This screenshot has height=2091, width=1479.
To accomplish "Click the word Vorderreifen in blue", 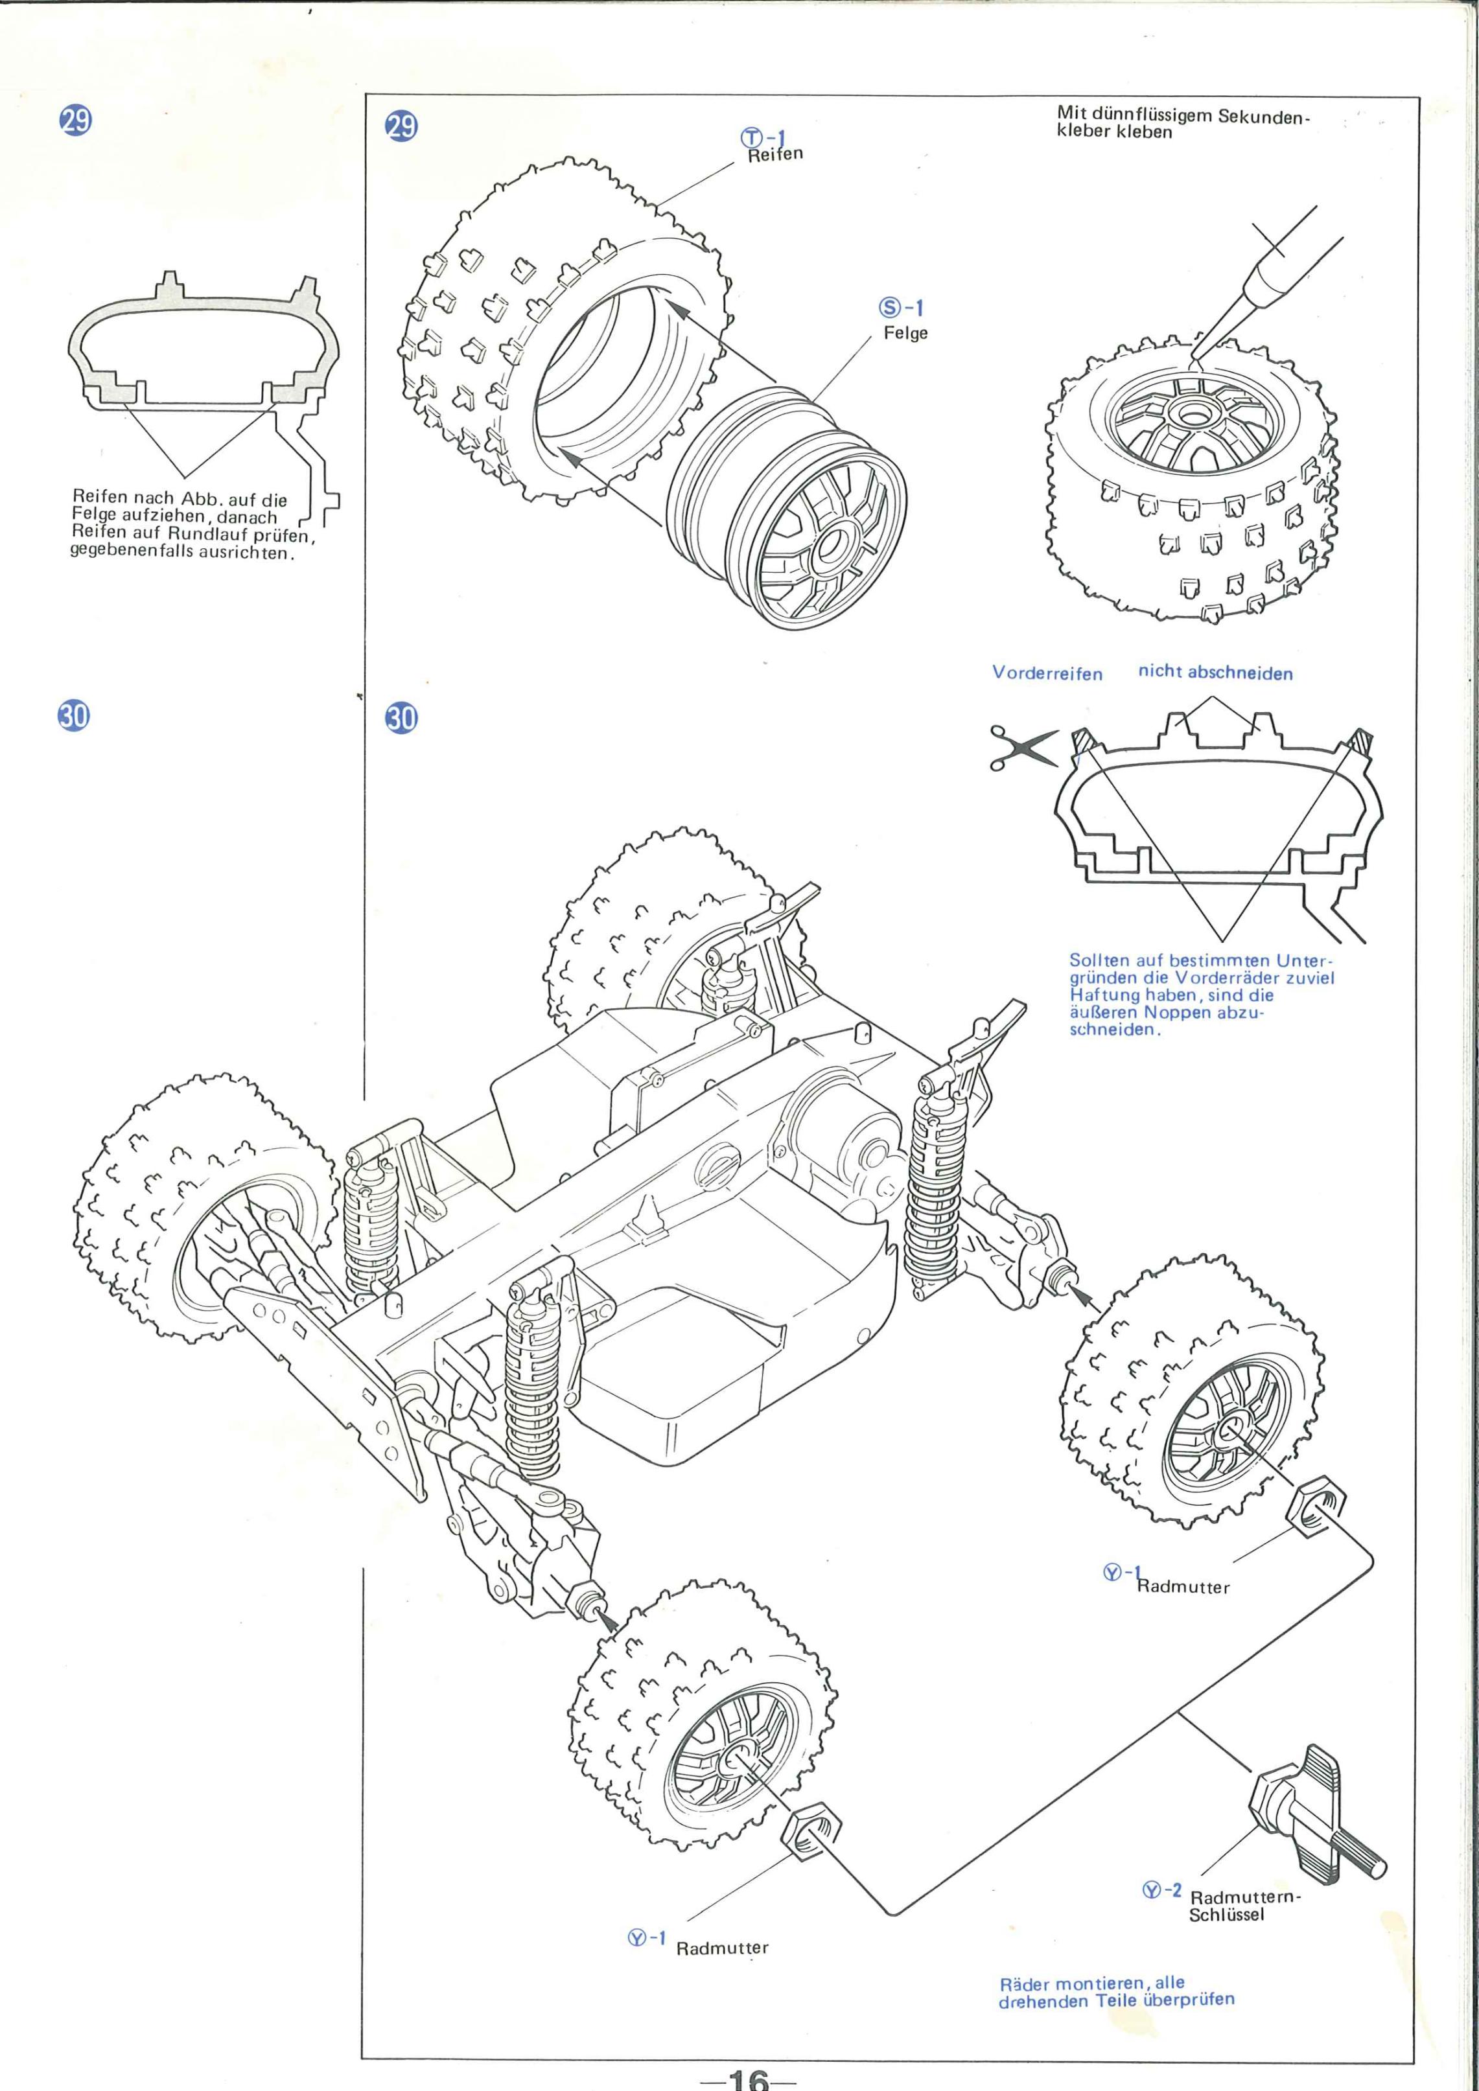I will [1047, 674].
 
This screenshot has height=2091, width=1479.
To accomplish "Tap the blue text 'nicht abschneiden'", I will [1215, 673].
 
